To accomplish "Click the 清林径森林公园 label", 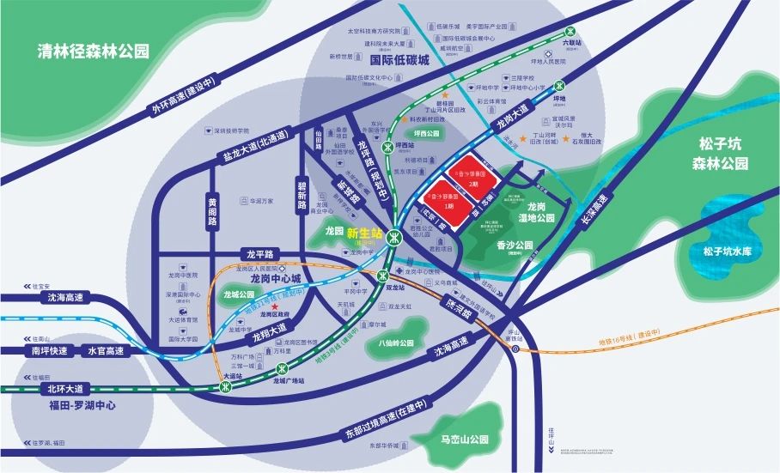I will (94, 52).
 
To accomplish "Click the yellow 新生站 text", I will (364, 232).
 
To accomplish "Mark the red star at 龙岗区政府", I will (274, 306).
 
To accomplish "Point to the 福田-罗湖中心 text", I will (83, 405).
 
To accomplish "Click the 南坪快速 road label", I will (48, 350).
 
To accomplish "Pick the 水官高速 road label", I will (105, 350).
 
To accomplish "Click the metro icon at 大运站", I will (227, 387).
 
